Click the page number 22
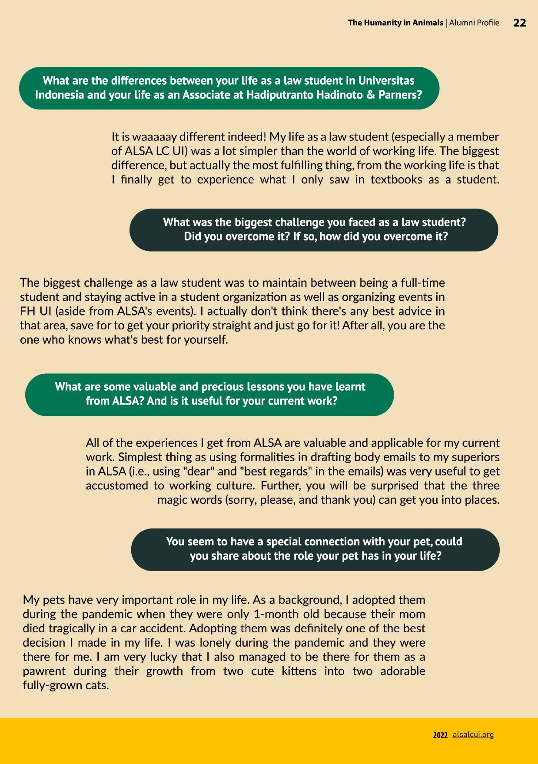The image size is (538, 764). pyautogui.click(x=519, y=23)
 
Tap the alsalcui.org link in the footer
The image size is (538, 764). pyautogui.click(x=473, y=734)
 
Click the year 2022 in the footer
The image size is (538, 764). pyautogui.click(x=440, y=735)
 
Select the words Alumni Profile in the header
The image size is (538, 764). pyautogui.click(x=474, y=23)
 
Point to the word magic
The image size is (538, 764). pyautogui.click(x=173, y=500)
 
